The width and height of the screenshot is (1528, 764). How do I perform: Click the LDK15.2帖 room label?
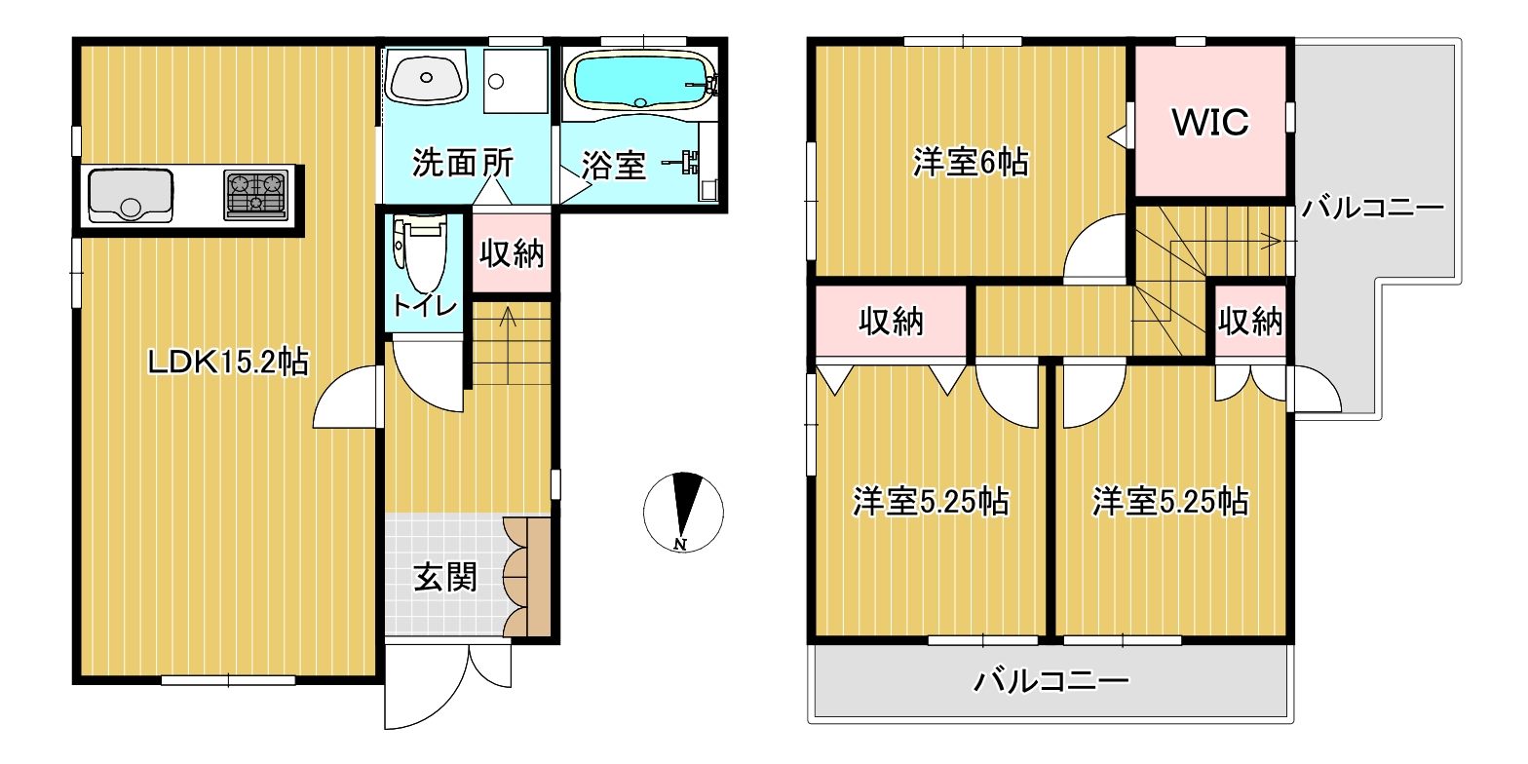pos(228,362)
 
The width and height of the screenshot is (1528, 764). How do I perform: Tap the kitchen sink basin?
pos(131,195)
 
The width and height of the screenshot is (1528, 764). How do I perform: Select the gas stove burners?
pos(255,195)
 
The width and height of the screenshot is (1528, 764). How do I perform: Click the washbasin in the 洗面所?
pos(427,78)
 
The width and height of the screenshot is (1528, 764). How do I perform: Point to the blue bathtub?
pos(640,82)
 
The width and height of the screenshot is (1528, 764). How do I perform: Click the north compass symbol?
pos(683,512)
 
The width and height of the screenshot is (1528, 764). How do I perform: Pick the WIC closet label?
pos(1210,123)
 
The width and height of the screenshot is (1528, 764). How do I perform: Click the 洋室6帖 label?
pos(971,163)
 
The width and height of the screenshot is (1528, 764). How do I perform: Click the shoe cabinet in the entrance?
pos(526,577)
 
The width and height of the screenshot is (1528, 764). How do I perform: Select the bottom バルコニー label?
pos(1051,681)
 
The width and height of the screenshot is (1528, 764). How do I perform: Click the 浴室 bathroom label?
pos(614,165)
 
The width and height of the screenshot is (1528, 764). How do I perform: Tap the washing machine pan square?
pos(516,81)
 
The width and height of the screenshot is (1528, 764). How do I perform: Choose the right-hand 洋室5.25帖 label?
pos(1170,502)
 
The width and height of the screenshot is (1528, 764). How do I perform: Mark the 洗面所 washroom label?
pos(463,163)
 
